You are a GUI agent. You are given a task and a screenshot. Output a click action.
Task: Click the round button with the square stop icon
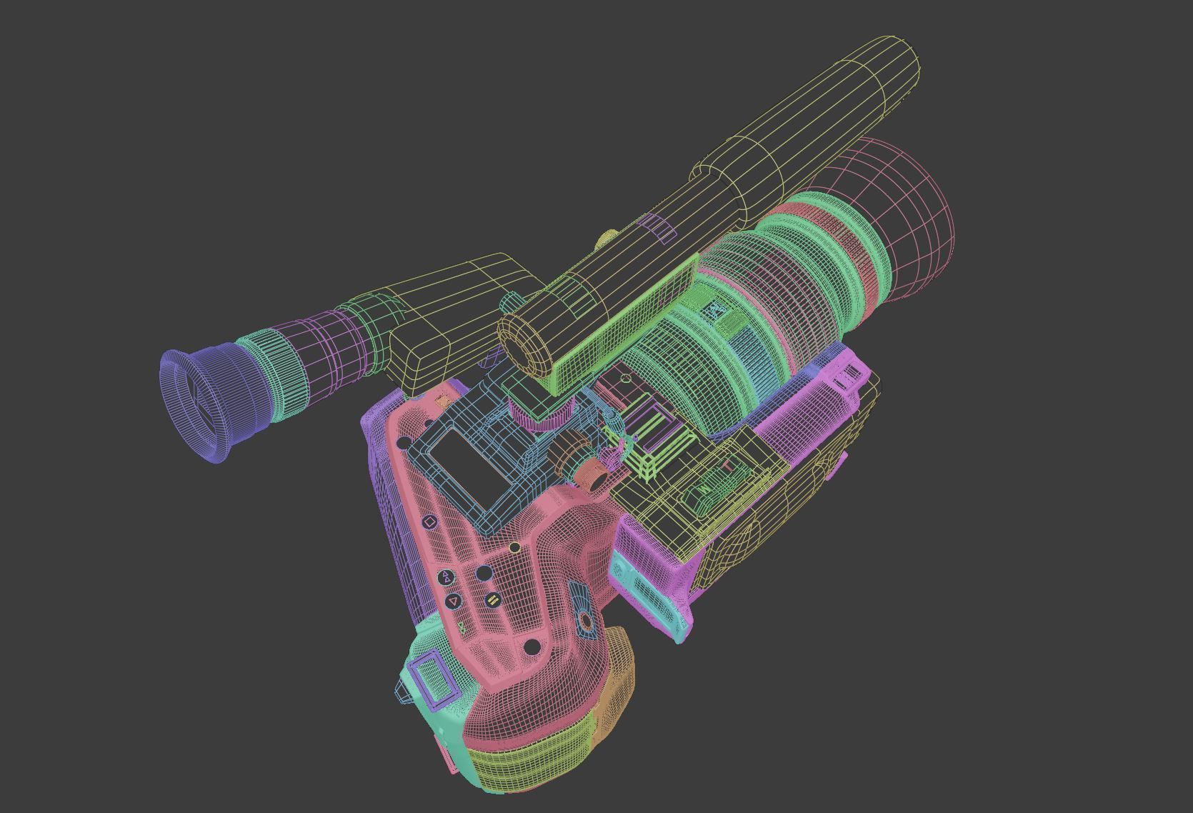pyautogui.click(x=429, y=522)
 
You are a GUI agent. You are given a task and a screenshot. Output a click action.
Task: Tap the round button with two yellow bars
pyautogui.click(x=492, y=600)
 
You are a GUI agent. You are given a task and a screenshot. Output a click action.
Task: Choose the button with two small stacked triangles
pyautogui.click(x=446, y=577)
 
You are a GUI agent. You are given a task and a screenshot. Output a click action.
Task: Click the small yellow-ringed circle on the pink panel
pyautogui.click(x=514, y=547)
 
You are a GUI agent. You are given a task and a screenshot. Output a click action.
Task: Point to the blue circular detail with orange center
pyautogui.click(x=586, y=621)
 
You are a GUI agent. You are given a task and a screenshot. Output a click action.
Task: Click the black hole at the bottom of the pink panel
pyautogui.click(x=531, y=647)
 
